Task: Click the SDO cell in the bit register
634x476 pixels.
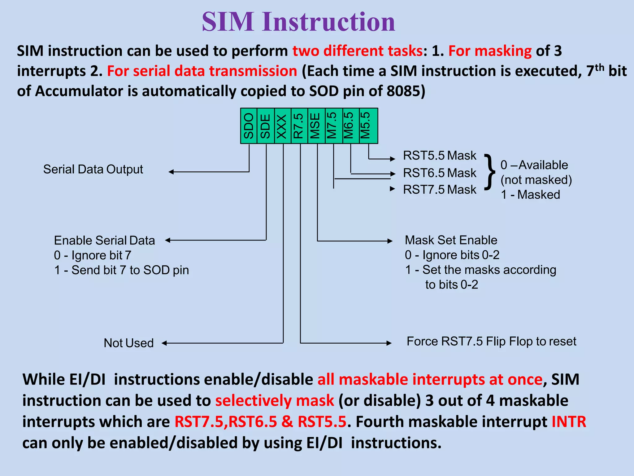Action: [249, 126]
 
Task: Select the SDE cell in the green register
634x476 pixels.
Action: [266, 126]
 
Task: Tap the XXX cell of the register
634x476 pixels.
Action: [283, 126]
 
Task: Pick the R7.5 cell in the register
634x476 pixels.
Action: [299, 126]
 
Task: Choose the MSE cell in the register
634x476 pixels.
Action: [316, 126]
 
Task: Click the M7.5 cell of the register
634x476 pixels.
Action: [333, 126]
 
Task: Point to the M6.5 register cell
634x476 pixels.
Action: [350, 126]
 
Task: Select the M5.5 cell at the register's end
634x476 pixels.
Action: [368, 126]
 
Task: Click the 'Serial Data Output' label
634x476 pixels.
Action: [93, 170]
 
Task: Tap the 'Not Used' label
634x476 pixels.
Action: [128, 343]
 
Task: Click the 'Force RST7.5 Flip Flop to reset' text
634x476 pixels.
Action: [491, 342]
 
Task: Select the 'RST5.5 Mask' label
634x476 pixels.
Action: [440, 156]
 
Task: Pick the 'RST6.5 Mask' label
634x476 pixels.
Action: [440, 173]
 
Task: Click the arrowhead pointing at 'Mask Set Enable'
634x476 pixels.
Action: [390, 241]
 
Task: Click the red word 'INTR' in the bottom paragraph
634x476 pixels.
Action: [569, 422]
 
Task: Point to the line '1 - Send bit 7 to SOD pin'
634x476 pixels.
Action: [121, 270]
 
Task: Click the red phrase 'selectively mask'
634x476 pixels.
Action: [275, 401]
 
